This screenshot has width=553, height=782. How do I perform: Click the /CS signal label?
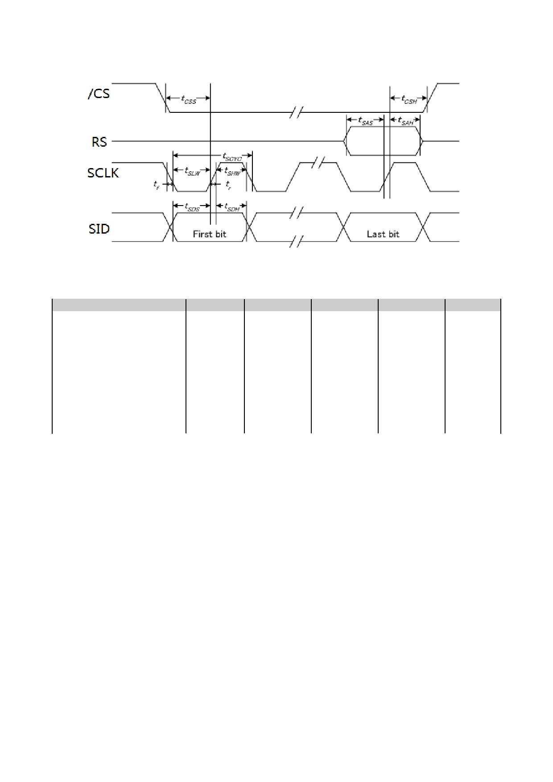[99, 94]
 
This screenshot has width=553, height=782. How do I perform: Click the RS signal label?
[99, 142]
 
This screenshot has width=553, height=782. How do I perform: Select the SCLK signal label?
[103, 173]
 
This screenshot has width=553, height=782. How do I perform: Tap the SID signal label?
[99, 229]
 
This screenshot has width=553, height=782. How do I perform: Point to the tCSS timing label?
[188, 99]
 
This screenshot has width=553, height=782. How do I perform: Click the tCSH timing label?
[409, 99]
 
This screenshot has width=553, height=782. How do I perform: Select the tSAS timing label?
[365, 121]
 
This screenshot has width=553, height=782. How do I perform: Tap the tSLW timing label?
[192, 172]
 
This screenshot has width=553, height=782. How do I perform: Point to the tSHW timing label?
[232, 172]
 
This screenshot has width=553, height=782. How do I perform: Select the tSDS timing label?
[192, 207]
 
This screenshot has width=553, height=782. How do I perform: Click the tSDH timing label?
[232, 207]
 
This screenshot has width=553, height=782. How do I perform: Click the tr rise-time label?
[228, 184]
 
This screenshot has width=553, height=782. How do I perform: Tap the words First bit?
[210, 234]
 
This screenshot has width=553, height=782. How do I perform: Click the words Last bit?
[383, 234]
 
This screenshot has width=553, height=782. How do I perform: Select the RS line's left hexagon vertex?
[344, 141]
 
